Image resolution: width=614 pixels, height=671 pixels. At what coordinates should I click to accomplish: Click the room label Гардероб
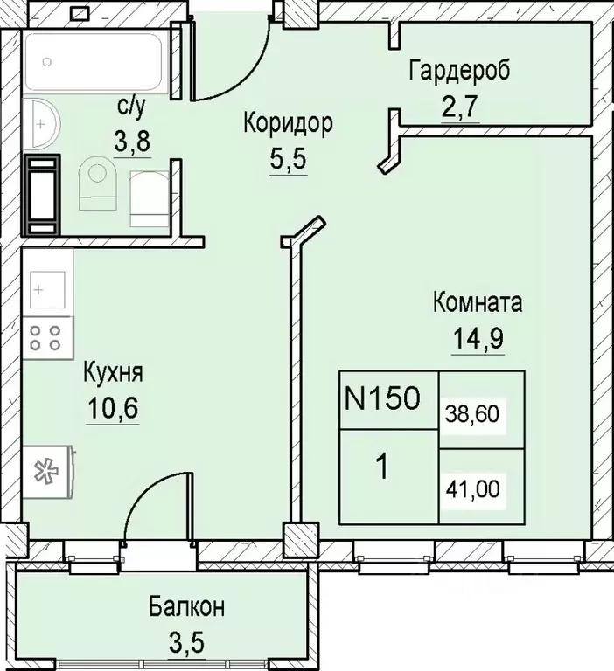(459, 69)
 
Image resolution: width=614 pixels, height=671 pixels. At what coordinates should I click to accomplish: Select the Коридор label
(288, 124)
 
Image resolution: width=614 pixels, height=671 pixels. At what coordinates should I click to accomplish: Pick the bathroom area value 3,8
(132, 142)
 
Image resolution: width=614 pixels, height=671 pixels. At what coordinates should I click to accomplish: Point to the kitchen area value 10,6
(113, 408)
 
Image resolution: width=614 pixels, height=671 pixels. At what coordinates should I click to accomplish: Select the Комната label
(478, 304)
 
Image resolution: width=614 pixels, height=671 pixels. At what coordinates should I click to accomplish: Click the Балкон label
(185, 607)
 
